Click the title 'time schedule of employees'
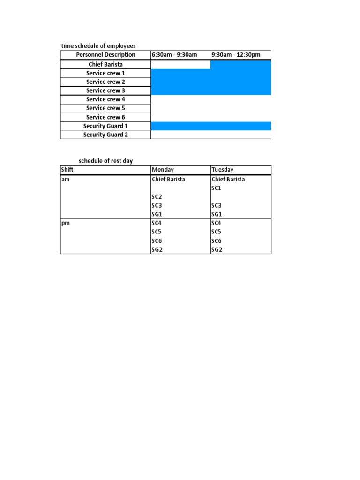tap(98, 46)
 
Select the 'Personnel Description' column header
tap(105, 55)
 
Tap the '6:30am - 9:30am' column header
tap(174, 55)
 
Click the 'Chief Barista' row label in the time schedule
tap(105, 64)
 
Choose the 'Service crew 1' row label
tap(105, 73)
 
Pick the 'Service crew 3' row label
tap(105, 90)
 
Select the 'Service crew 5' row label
tap(105, 108)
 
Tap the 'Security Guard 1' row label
tap(105, 126)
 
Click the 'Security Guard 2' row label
tap(105, 135)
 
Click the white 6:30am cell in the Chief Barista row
tap(180, 64)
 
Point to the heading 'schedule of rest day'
tap(105, 161)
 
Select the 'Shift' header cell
tap(67, 170)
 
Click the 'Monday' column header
tap(163, 170)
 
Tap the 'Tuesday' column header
tap(223, 170)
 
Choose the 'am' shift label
tap(66, 179)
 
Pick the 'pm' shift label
tap(66, 223)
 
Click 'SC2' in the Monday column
tap(157, 197)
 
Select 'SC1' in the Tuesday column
tap(217, 188)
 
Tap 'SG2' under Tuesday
tap(217, 249)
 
